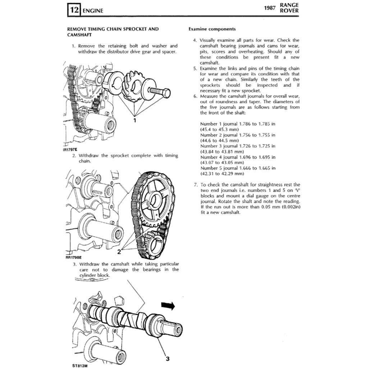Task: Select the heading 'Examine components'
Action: (212, 29)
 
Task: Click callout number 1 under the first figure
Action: (135, 120)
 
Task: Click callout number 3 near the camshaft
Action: (167, 358)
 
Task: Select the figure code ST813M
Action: (80, 366)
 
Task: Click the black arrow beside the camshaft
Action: (167, 306)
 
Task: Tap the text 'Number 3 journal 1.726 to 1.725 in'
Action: (238, 146)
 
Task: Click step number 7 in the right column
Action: (195, 185)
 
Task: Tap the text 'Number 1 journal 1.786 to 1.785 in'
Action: (238, 124)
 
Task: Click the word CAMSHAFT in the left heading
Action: (79, 35)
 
